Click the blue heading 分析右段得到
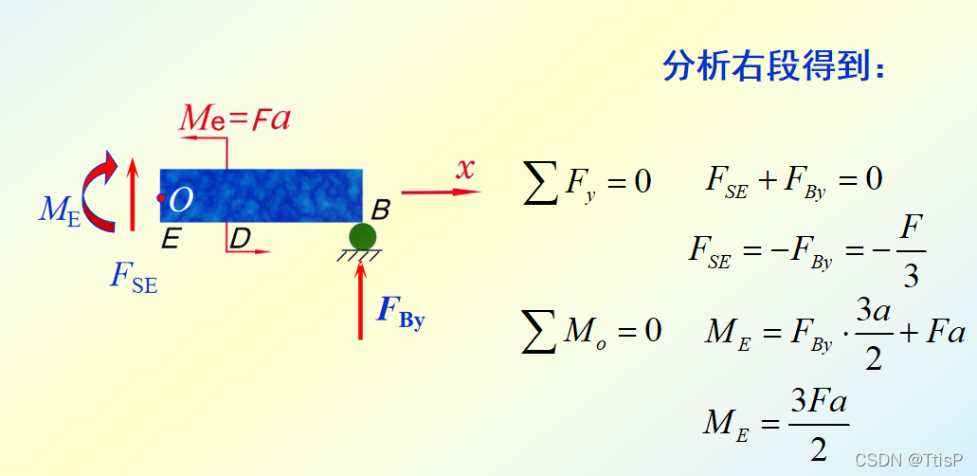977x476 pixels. (x=774, y=66)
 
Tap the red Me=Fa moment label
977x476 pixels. (x=235, y=119)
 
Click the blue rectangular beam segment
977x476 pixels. (x=262, y=195)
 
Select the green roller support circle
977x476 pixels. (x=362, y=236)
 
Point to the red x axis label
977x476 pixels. (x=464, y=169)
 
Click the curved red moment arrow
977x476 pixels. (x=99, y=193)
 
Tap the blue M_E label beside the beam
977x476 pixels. (x=59, y=210)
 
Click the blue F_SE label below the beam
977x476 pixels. (x=134, y=277)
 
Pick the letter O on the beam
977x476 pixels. (x=181, y=199)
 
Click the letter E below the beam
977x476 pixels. (x=170, y=239)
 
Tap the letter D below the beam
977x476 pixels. (x=240, y=239)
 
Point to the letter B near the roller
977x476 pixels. (x=379, y=209)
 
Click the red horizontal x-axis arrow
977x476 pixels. (x=440, y=192)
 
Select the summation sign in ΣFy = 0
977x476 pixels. (x=540, y=182)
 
